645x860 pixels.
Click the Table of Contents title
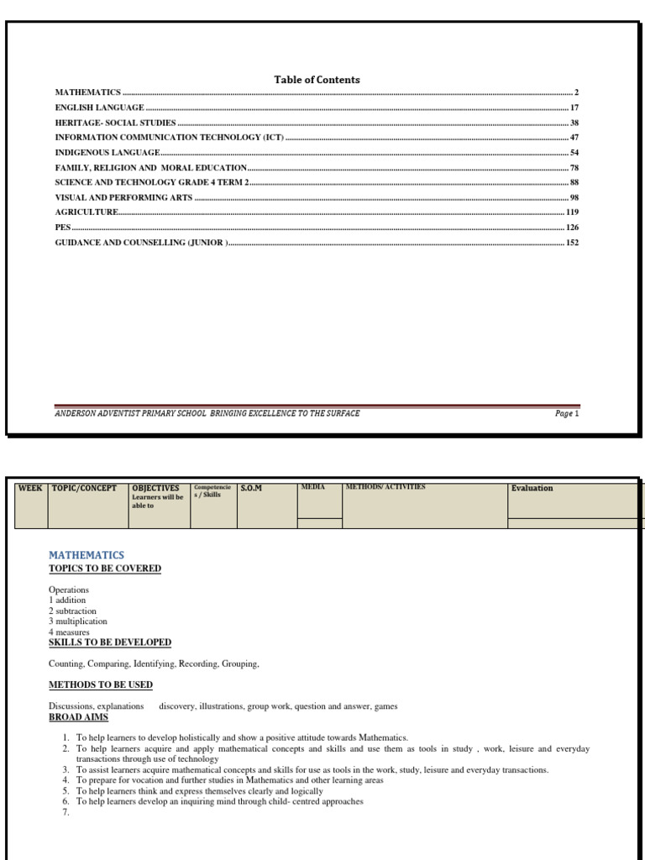317,80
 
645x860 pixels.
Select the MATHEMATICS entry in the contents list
88,92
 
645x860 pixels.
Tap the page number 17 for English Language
574,107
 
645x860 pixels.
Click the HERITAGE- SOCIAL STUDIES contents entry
115,123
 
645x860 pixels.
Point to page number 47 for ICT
574,138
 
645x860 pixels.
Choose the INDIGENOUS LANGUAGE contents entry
107,153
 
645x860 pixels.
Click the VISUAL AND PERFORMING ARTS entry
123,198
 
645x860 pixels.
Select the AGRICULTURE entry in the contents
87,213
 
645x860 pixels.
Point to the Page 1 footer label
567,413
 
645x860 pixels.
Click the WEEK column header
30,488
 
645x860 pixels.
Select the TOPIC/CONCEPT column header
84,488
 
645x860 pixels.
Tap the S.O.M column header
251,488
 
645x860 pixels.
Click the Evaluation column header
532,488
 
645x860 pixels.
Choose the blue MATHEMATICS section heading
86,555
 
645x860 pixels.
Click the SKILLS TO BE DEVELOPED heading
109,642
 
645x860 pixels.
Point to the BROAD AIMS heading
78,717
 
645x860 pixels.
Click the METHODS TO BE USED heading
100,685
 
